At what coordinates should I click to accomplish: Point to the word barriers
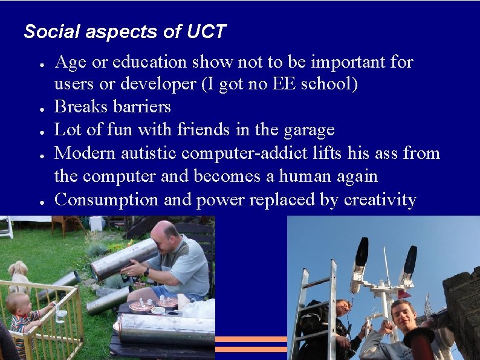143,107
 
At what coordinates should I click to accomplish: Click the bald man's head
166,236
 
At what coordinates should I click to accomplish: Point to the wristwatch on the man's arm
146,272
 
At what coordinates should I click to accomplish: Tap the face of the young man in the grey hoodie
402,315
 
